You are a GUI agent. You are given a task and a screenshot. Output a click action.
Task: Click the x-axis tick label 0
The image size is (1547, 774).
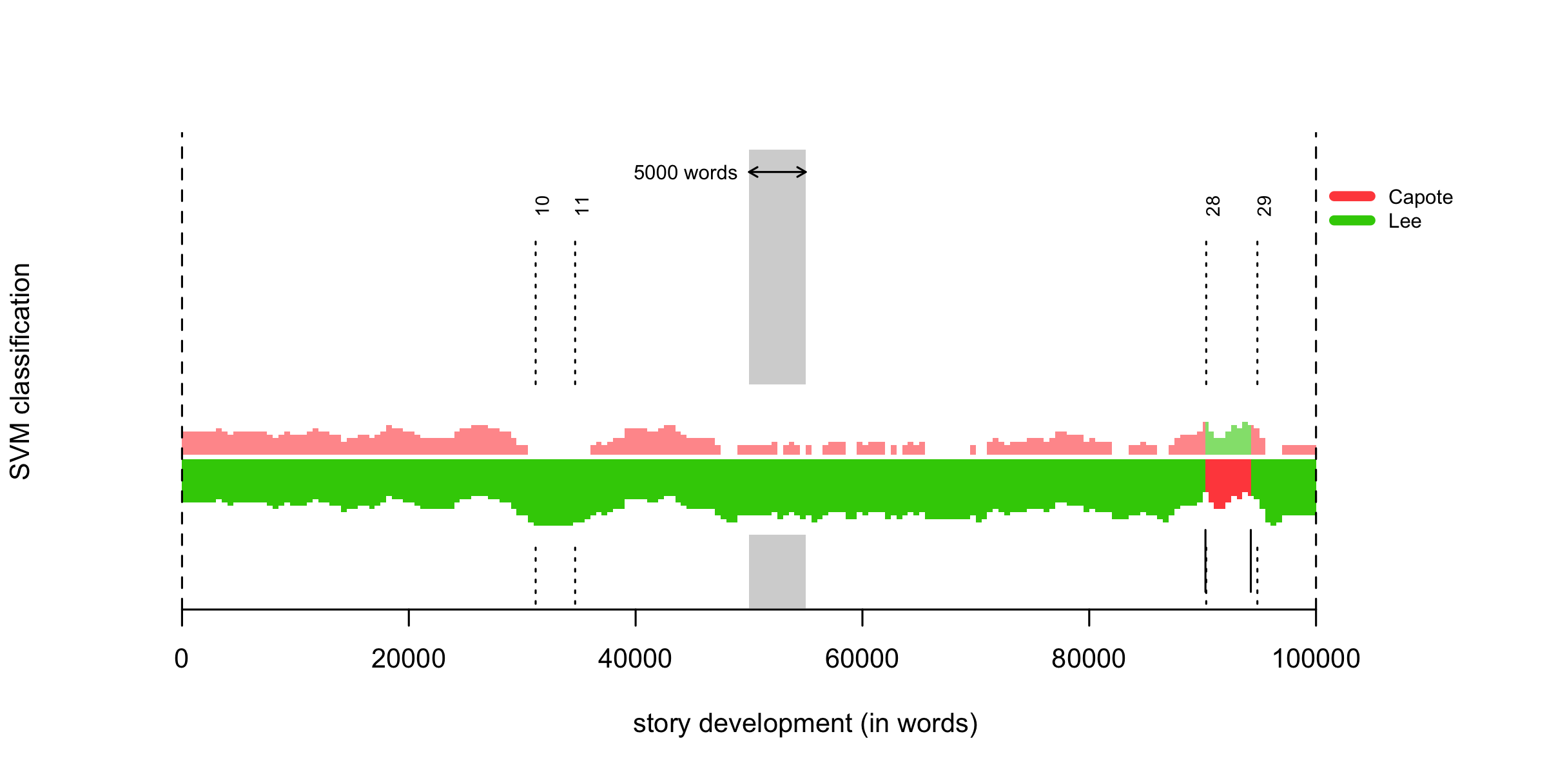tap(182, 659)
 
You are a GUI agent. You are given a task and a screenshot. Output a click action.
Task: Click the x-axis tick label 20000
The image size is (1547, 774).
tap(409, 659)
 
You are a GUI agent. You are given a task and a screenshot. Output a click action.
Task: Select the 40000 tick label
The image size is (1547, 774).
tap(636, 659)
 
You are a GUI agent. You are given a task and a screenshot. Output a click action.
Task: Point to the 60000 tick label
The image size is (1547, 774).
tap(862, 659)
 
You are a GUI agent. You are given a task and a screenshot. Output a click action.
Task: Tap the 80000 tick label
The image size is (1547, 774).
tap(1089, 659)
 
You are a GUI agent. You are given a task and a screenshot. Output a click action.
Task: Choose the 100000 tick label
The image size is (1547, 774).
tap(1316, 659)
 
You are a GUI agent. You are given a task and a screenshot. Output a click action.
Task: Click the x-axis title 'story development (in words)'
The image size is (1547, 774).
tap(806, 724)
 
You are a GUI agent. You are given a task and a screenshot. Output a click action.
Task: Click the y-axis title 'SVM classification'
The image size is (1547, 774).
tap(21, 372)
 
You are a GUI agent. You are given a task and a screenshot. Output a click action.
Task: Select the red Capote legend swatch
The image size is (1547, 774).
tap(1352, 196)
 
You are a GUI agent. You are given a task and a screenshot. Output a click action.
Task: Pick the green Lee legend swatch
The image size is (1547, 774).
tap(1352, 221)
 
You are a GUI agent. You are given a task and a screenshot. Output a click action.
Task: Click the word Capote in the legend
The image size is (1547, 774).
tap(1421, 197)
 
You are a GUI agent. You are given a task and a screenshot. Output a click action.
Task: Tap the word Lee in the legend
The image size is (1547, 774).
tap(1405, 221)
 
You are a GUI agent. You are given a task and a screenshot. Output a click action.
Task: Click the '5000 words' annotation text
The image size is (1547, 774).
tap(685, 173)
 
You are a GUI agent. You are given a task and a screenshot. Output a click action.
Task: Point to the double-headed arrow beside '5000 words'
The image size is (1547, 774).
tap(777, 172)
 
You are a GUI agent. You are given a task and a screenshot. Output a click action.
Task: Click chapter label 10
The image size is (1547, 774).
tap(543, 205)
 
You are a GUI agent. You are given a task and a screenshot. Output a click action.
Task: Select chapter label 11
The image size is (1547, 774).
tap(582, 206)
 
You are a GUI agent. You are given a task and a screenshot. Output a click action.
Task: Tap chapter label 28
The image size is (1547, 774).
tap(1213, 206)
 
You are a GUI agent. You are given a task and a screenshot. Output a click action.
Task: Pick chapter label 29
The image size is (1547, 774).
tap(1264, 206)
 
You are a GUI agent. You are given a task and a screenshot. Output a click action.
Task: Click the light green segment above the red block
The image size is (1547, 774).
tap(1228, 442)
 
